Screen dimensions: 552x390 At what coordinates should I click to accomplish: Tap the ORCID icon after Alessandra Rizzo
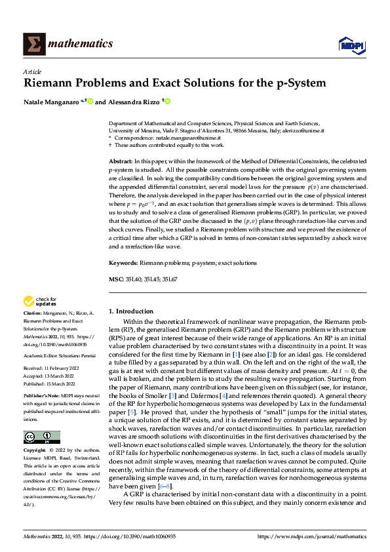tap(167, 101)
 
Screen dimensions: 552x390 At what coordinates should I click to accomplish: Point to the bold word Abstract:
tap(121, 161)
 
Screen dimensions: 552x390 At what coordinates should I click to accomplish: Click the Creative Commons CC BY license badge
tap(42, 418)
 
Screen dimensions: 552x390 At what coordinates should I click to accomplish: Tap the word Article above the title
tap(32, 71)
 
